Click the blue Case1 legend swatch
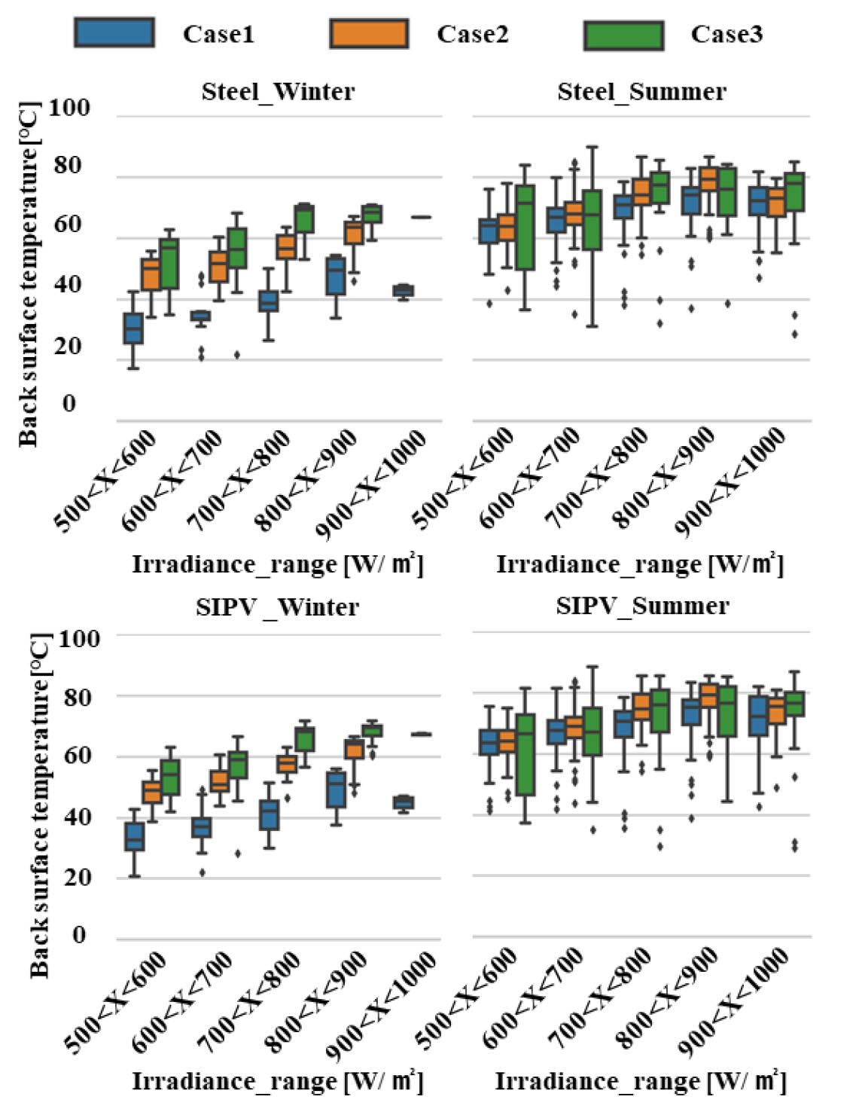click(x=114, y=34)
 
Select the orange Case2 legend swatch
click(x=369, y=34)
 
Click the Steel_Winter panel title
click(x=278, y=92)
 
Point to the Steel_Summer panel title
click(x=641, y=92)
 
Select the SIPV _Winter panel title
click(x=277, y=607)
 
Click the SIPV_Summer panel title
click(x=642, y=606)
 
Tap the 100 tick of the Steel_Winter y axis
click(x=69, y=108)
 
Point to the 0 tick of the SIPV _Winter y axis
click(x=79, y=936)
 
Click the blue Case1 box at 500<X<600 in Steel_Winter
click(x=133, y=328)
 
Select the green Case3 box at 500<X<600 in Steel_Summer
click(x=524, y=227)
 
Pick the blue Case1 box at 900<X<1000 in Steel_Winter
click(x=404, y=291)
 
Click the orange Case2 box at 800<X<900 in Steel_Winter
click(x=354, y=232)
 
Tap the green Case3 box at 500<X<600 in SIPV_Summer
click(x=524, y=754)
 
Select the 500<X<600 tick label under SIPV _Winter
click(x=116, y=996)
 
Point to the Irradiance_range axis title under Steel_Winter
click(x=278, y=564)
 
